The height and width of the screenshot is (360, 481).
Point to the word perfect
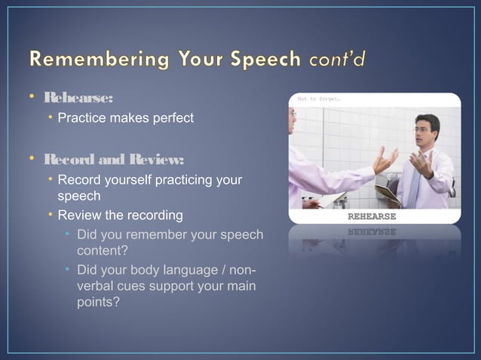168,118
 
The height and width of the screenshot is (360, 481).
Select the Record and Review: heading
113,160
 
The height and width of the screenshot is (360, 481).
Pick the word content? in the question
102,251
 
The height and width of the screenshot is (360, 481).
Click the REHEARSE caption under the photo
371,217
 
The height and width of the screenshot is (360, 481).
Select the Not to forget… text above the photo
317,99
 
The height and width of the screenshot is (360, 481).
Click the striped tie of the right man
413,184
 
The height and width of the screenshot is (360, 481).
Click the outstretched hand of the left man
385,160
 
